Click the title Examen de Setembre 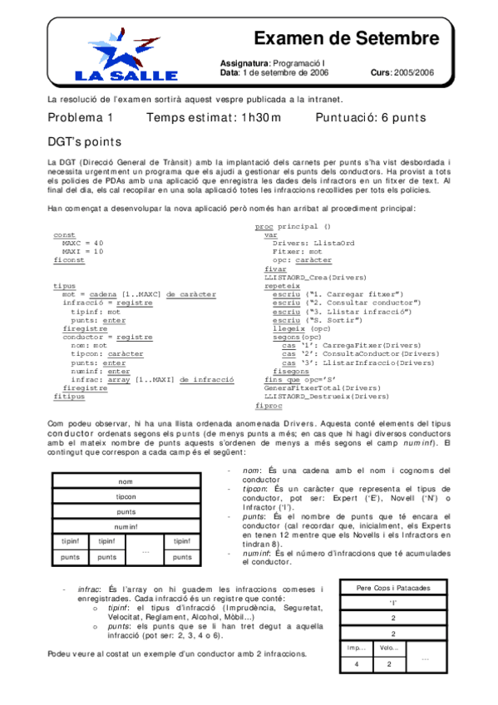(x=345, y=38)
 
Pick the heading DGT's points (x=84, y=142)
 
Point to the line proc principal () (x=292, y=226)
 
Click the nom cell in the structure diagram (x=126, y=482)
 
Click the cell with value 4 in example (x=357, y=663)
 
